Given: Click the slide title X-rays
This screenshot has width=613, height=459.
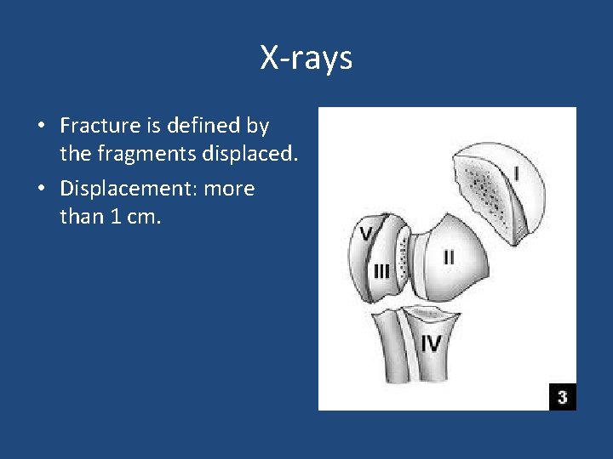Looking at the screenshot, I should click(x=306, y=59).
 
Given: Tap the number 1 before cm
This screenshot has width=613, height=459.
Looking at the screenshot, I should click(x=113, y=217).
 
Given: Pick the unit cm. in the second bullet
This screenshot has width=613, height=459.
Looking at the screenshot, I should click(x=141, y=217).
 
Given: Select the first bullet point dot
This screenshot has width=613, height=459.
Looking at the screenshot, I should click(x=41, y=127).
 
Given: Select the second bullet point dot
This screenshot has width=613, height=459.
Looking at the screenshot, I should click(x=41, y=189).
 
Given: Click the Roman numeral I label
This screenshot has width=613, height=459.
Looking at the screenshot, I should click(x=516, y=173).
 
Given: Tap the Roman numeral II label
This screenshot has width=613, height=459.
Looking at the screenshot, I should click(x=448, y=256).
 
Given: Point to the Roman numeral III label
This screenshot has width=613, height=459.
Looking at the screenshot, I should click(x=381, y=271).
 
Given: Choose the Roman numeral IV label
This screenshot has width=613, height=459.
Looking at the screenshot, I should click(x=431, y=344).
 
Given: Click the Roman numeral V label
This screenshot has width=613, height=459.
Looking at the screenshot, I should click(x=365, y=232).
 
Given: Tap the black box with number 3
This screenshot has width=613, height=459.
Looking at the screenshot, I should click(x=562, y=396).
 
